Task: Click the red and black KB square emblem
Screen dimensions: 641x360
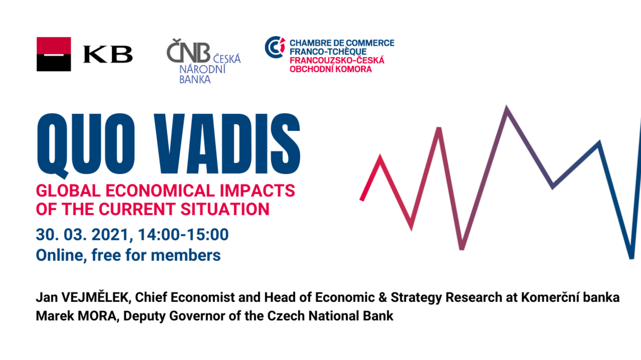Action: pyautogui.click(x=54, y=54)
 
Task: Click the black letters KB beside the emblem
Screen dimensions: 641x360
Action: pyautogui.click(x=108, y=54)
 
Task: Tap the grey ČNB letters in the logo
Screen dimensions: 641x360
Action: pyautogui.click(x=188, y=50)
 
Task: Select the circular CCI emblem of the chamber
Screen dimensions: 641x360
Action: pyautogui.click(x=275, y=47)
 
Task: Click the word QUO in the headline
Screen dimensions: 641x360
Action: pyautogui.click(x=86, y=145)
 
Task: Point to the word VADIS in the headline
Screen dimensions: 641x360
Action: pyautogui.click(x=227, y=144)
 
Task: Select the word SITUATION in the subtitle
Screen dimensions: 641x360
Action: pyautogui.click(x=225, y=209)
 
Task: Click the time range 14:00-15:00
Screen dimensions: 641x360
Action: pyautogui.click(x=183, y=235)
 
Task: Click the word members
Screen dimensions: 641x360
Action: pyautogui.click(x=186, y=255)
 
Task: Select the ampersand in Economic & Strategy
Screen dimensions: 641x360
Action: pyautogui.click(x=382, y=298)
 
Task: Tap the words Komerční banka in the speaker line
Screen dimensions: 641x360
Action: pyautogui.click(x=570, y=298)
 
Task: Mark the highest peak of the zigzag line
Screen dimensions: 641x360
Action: pyautogui.click(x=507, y=107)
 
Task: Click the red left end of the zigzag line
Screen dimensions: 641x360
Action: pyautogui.click(x=362, y=199)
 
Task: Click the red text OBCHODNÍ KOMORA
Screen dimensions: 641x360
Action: pyautogui.click(x=331, y=69)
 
